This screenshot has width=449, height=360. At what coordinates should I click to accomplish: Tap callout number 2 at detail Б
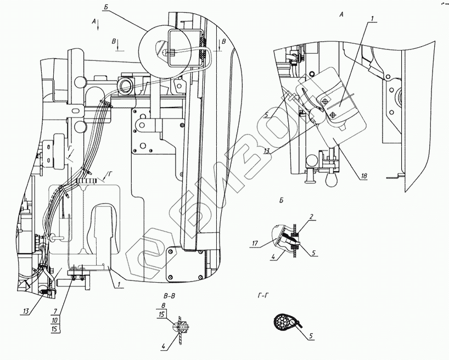coord(311,217)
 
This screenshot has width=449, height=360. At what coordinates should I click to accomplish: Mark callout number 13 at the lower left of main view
coord(26,312)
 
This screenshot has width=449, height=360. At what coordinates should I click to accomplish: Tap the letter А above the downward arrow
coord(94,20)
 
